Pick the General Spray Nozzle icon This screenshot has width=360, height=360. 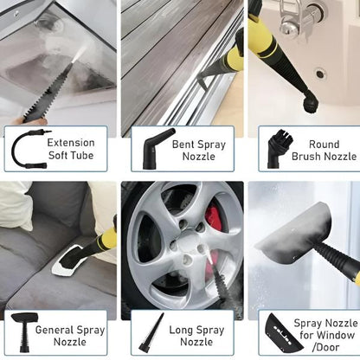(24, 331)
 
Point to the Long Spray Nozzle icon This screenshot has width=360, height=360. (152, 333)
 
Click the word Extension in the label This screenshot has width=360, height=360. (71, 143)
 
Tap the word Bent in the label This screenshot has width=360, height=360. (183, 144)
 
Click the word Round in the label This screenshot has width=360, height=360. (324, 144)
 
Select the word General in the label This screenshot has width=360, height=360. (54, 330)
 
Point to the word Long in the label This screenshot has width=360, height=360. (181, 330)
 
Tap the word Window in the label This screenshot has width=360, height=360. (336, 335)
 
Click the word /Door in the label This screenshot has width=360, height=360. (325, 347)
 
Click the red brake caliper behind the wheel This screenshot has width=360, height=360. (213, 218)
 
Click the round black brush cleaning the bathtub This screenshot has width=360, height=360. (310, 101)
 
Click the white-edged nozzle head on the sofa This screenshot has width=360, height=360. (71, 259)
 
